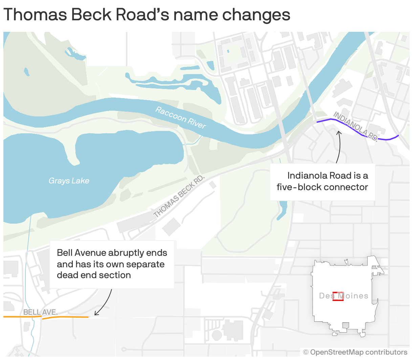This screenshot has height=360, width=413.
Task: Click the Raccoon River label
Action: coord(180,118)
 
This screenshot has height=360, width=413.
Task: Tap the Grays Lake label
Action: coord(69,181)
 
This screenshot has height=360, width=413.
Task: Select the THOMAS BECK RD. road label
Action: coord(179,196)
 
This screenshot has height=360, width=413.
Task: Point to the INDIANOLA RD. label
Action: coord(355,126)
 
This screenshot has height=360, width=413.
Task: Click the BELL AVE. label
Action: coord(40,312)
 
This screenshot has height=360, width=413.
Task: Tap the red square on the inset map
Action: coord(338,296)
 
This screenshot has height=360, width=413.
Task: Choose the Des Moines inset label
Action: coord(344,296)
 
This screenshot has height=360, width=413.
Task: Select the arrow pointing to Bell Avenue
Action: coord(105,303)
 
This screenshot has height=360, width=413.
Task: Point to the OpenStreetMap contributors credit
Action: coord(355,352)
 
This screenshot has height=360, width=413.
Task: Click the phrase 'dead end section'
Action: coord(94,275)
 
